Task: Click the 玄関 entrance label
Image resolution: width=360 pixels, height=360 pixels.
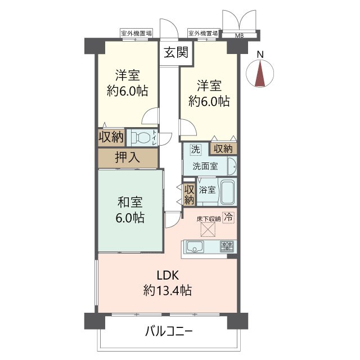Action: click(175, 52)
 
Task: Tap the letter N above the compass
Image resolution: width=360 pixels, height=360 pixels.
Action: click(259, 55)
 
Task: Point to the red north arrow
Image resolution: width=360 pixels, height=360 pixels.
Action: click(259, 74)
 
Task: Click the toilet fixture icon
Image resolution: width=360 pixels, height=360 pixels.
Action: click(141, 137)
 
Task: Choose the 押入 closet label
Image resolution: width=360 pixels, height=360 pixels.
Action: click(127, 157)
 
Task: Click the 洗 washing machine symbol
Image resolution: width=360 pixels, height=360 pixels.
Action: click(194, 150)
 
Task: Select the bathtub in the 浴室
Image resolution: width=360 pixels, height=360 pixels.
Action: click(227, 192)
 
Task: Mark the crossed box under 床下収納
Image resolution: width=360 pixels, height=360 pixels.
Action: click(208, 229)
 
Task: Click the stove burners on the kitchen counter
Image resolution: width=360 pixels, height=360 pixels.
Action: click(227, 246)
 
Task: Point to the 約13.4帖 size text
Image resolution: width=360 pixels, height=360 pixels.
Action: click(167, 291)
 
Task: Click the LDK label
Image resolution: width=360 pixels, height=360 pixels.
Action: click(167, 276)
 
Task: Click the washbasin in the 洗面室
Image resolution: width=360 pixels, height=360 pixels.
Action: click(230, 166)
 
